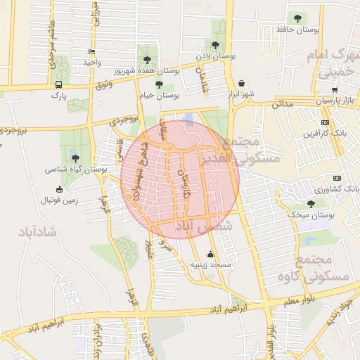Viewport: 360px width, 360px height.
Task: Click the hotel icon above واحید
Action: tap(91, 52)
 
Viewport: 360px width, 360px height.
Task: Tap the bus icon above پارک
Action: tap(58, 84)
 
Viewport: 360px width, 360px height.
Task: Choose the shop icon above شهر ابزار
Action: tap(242, 82)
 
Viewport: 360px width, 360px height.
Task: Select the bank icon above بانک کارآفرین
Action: tap(323, 122)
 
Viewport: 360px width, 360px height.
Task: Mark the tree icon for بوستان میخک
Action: tap(311, 204)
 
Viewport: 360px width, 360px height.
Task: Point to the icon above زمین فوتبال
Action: tap(59, 188)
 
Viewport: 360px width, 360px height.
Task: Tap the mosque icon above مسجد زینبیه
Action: tap(210, 255)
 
